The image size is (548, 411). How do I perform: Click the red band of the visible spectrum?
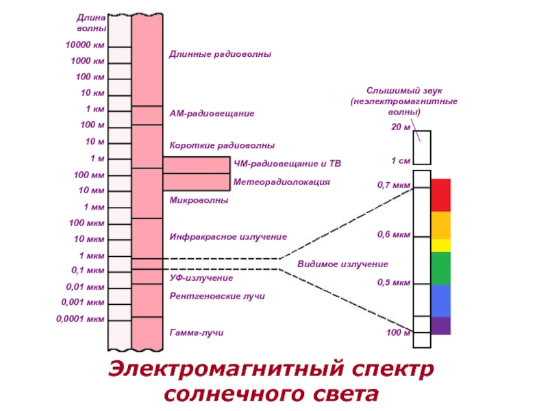(440, 195)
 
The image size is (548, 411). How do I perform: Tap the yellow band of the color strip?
(440, 245)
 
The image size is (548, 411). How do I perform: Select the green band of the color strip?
(440, 268)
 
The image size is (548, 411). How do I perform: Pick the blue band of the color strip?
(440, 300)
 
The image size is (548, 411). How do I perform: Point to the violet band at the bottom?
(440, 325)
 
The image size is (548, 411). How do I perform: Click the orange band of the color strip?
(440, 225)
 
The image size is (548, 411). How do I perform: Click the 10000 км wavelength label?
(86, 45)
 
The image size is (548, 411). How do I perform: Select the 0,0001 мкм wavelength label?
(80, 319)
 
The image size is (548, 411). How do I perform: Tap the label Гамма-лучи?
(197, 333)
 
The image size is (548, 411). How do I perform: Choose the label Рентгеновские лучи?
(217, 296)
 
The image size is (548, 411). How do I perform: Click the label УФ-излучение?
(201, 278)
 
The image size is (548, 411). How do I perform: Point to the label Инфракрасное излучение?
(228, 236)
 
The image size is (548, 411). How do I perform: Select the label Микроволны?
(199, 201)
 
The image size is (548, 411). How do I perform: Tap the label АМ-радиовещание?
(212, 112)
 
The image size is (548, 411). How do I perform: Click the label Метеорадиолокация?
(282, 182)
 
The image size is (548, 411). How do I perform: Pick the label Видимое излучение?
(342, 264)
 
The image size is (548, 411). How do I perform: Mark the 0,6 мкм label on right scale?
(394, 234)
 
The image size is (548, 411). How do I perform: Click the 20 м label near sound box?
(401, 127)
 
